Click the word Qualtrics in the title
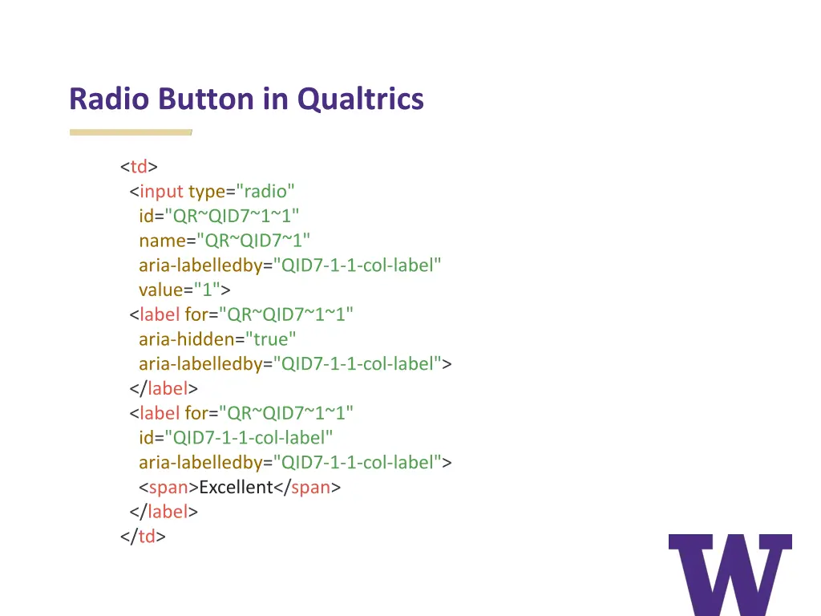click(360, 99)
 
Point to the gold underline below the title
click(131, 132)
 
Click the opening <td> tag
click(139, 167)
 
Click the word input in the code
click(161, 192)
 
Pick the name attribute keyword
click(162, 241)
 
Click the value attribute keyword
click(161, 290)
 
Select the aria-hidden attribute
click(186, 339)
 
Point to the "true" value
click(271, 339)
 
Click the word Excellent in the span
click(236, 488)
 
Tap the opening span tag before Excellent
click(168, 488)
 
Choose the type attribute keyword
click(206, 192)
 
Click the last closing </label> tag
click(164, 512)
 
